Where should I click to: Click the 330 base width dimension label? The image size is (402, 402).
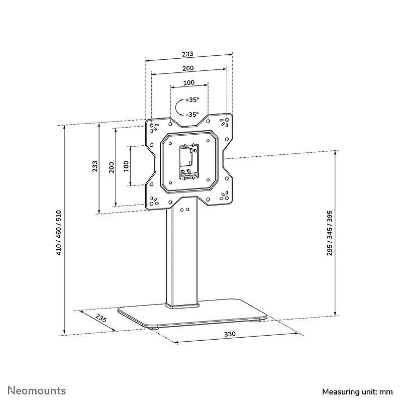tap(230, 334)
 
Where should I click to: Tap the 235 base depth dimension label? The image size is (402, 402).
tap(101, 318)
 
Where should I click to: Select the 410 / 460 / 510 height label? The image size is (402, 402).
tap(59, 233)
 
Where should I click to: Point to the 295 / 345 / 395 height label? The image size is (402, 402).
tap(330, 233)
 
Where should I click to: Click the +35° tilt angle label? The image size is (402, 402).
tap(192, 99)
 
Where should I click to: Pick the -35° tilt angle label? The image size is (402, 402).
tap(192, 115)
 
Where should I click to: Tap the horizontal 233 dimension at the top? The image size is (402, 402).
tap(187, 54)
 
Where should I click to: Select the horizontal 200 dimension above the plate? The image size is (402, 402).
tap(188, 68)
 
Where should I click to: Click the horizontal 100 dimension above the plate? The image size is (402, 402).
tap(189, 82)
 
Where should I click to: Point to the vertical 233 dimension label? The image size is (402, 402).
tap(95, 166)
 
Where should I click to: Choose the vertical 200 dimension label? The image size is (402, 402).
tap(111, 167)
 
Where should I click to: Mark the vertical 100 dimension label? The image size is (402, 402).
tap(126, 166)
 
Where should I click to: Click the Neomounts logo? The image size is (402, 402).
tap(37, 391)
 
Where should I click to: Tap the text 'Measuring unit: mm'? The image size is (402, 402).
tap(357, 392)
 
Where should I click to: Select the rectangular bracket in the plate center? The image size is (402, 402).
tap(189, 161)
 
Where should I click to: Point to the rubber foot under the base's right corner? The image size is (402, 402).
tap(255, 320)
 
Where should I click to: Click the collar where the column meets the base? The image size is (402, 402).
tap(182, 306)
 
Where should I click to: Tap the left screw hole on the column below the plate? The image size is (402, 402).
tap(182, 210)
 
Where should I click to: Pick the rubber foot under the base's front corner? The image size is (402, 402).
tap(153, 328)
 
